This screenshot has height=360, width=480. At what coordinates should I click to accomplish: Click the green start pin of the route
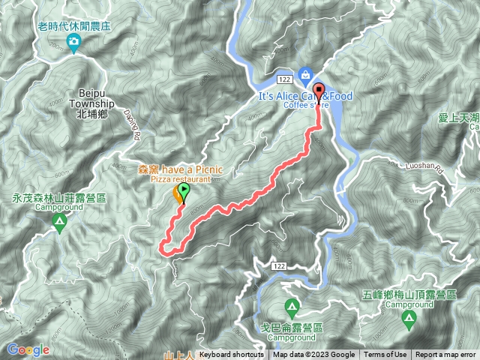[184, 193]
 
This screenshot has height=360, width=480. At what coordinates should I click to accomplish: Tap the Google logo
[28, 349]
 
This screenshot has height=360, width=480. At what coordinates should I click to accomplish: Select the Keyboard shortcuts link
[232, 355]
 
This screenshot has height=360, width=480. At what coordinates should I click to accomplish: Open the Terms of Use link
[385, 355]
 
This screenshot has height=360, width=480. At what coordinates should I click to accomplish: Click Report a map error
[445, 355]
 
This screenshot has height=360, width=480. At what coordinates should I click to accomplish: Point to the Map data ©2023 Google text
[313, 355]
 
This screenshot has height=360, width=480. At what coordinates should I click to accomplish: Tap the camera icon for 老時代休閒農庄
[73, 45]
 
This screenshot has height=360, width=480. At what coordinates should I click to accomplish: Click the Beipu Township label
[92, 103]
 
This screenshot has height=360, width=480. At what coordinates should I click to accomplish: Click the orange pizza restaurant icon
[179, 195]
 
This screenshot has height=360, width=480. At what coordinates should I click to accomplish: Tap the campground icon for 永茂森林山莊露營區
[58, 223]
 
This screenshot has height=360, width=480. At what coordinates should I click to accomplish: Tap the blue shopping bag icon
[305, 73]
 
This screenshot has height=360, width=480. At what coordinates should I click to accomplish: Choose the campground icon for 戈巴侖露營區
[292, 307]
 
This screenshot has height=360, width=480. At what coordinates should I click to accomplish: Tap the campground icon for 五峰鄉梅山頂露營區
[409, 320]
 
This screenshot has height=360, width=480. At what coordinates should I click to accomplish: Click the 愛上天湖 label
[458, 117]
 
